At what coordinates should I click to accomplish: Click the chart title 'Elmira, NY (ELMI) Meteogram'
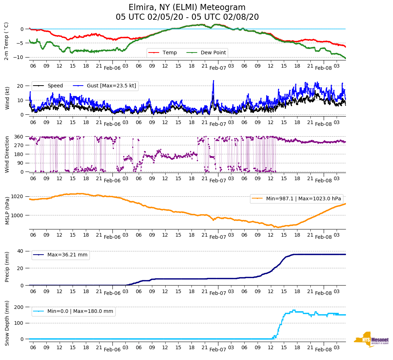[187, 8]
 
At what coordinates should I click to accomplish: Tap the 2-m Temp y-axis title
[6, 41]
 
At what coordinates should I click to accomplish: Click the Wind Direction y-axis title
[7, 154]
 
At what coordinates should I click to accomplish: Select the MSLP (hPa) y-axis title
[7, 210]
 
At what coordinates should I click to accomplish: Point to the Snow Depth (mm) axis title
[7, 323]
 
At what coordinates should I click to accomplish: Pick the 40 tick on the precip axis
[20, 251]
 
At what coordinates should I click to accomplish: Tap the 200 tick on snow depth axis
[19, 307]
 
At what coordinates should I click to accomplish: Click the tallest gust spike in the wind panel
[213, 81]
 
